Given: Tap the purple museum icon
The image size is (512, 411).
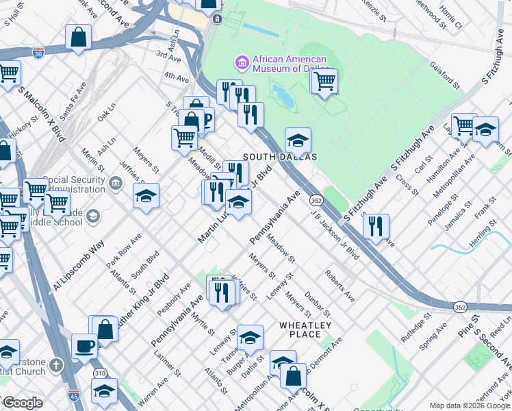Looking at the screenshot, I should click(x=241, y=63).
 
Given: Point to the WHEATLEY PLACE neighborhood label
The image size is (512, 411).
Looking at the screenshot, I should click(x=305, y=329).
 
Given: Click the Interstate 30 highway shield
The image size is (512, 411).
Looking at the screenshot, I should click(x=38, y=52).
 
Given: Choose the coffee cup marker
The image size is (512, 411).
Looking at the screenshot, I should click(x=84, y=345).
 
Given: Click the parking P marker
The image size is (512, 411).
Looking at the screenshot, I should click(x=205, y=120).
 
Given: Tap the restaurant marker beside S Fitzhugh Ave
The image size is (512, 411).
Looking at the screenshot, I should click(x=376, y=225).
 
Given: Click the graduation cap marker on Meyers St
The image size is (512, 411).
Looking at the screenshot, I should click(x=146, y=196).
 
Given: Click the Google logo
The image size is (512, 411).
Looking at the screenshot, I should click(x=23, y=403).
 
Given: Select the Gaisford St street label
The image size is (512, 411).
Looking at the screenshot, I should click(x=446, y=76).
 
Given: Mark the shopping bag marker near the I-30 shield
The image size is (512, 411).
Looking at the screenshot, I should click(x=79, y=37).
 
